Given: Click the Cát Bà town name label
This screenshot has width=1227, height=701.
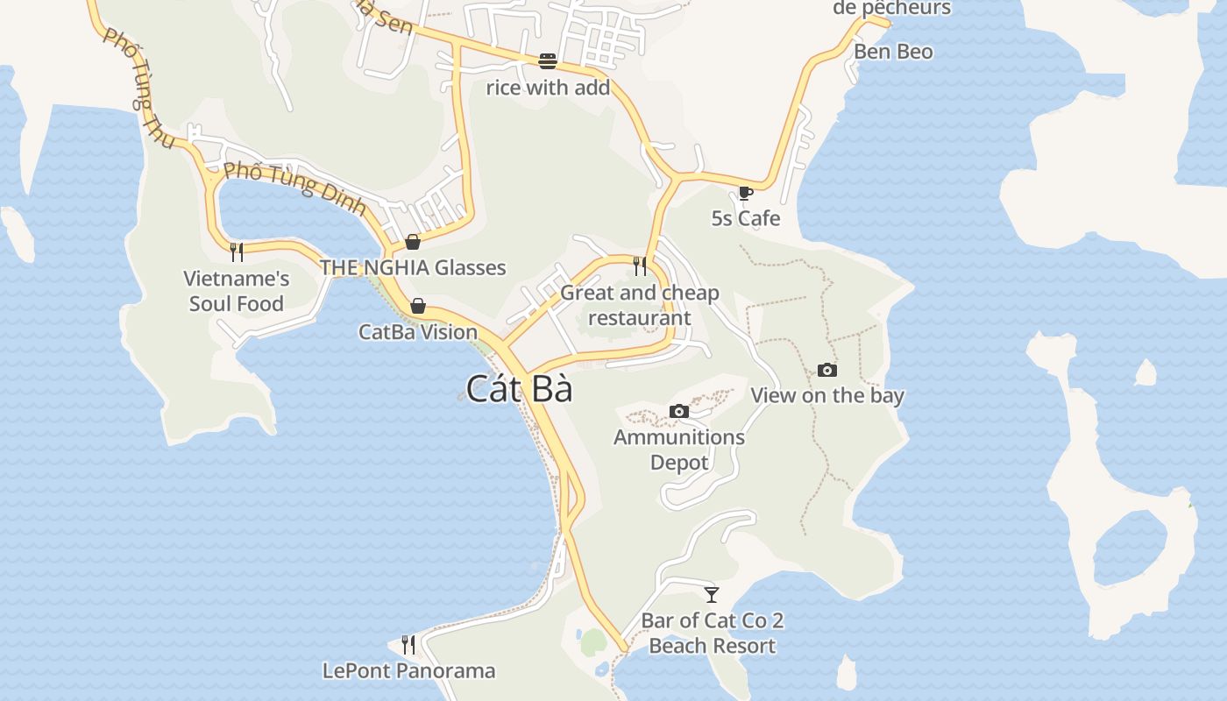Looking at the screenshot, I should coord(519,388).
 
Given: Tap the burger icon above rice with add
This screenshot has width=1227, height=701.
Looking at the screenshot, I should coord(548,61).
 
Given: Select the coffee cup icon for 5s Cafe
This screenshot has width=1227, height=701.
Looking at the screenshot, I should coord(745,193).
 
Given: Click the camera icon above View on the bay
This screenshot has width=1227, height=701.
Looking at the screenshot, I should coord(826,371).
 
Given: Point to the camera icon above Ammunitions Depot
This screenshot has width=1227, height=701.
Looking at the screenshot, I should coord(678,412).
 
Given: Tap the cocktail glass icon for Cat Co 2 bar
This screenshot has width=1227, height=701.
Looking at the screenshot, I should coord(712,595).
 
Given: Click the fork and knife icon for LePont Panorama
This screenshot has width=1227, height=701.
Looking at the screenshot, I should coord(408,645).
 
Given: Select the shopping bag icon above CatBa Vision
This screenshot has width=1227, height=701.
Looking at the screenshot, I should coord(418,306).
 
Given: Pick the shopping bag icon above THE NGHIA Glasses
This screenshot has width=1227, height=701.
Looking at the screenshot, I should coord(413,242).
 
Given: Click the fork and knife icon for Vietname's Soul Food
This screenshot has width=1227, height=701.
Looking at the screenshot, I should coord(236,252).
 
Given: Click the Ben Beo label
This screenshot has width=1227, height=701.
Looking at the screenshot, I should coord(893,52).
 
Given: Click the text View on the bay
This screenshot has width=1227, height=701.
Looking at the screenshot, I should coord(826,396).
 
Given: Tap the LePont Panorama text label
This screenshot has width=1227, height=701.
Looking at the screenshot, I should coord(408,671).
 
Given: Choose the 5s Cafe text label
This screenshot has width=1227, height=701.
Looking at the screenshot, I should coord(745,218).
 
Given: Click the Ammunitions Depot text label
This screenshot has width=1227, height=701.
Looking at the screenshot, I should coord(678,450).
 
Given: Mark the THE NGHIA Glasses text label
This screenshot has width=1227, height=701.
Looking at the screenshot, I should coord(413,268).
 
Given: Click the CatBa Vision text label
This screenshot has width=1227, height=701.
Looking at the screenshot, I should coord(418,332).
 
